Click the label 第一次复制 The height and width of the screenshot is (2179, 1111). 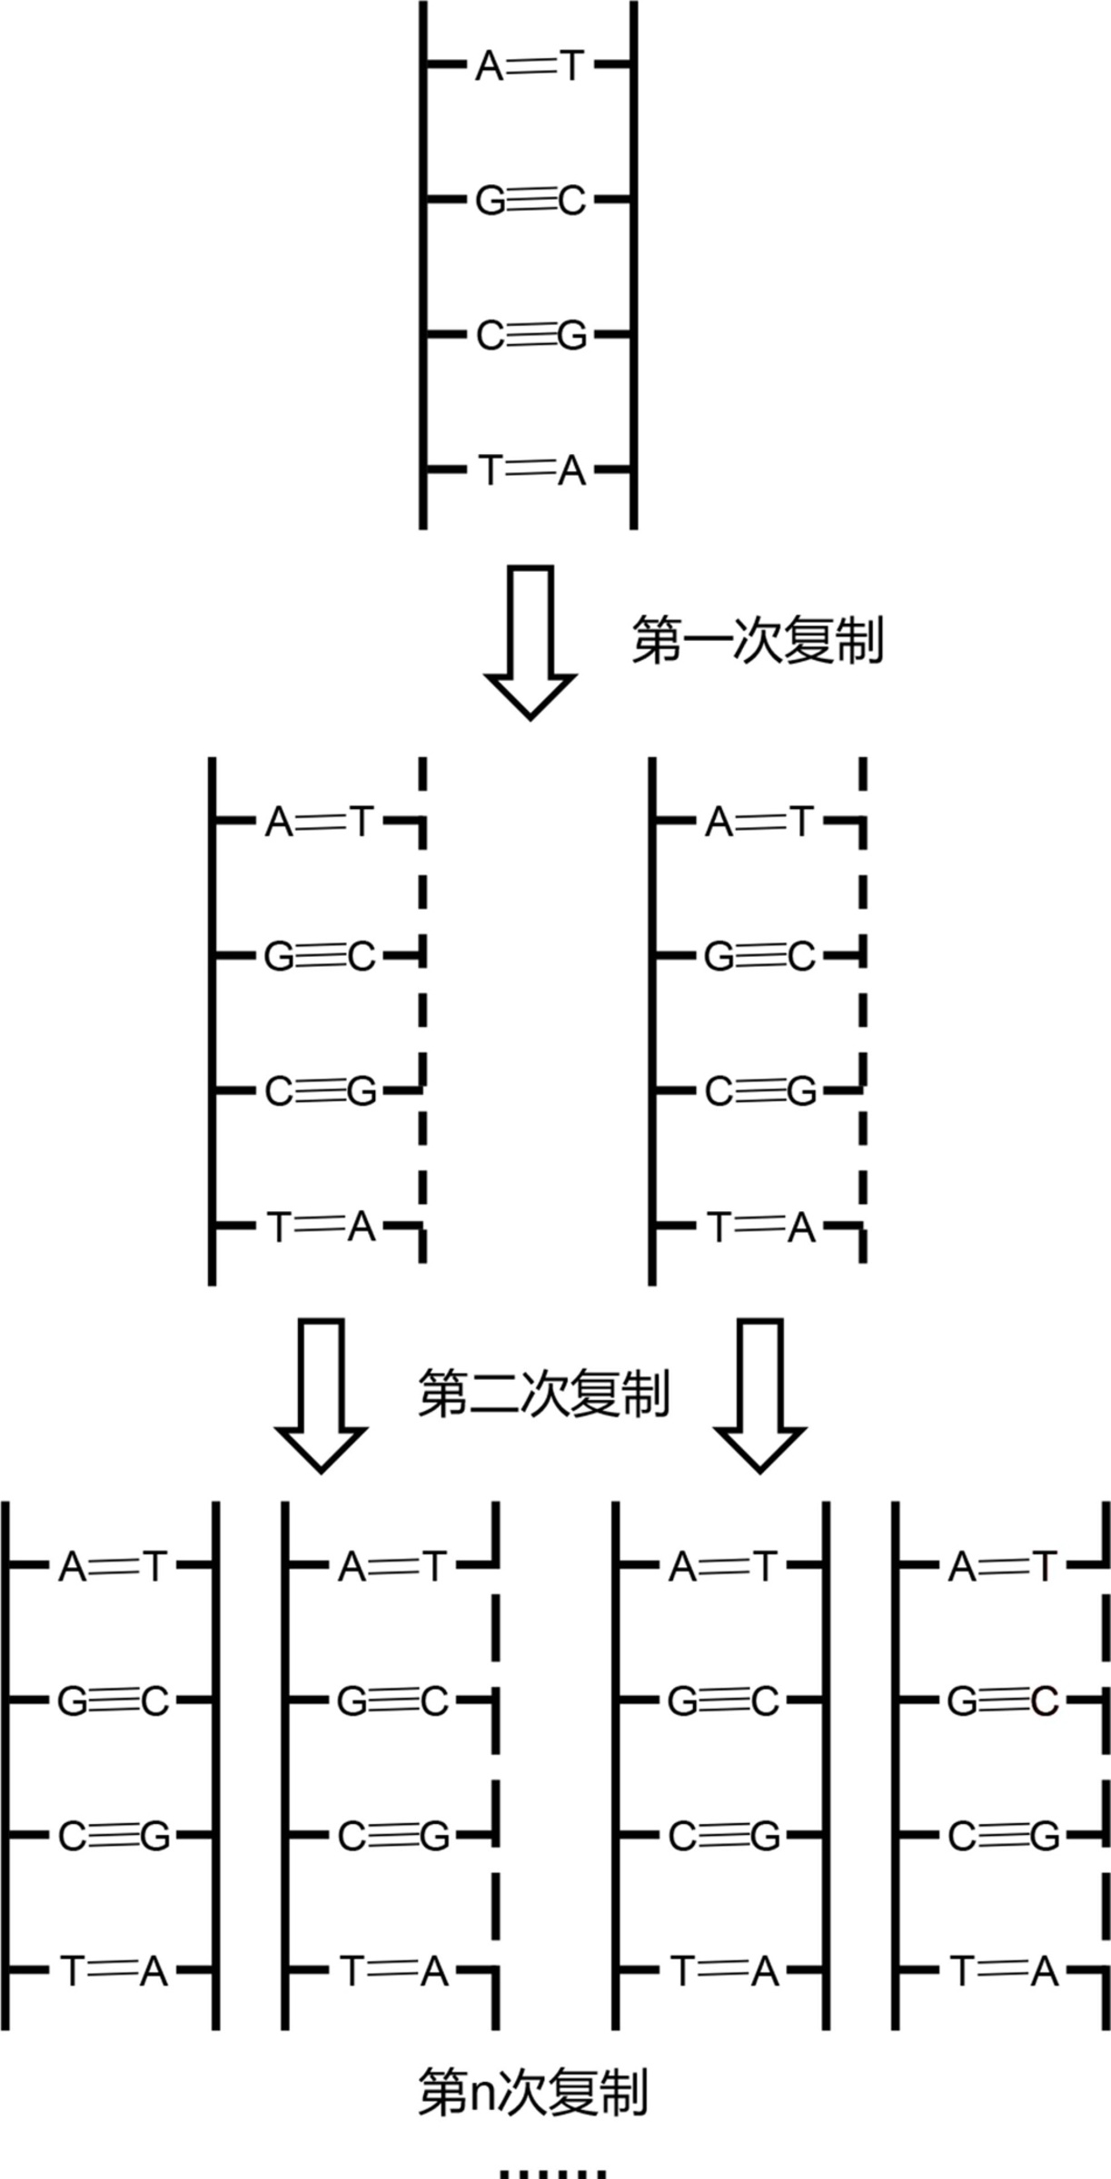click(757, 642)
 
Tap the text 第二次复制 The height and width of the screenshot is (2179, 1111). click(543, 1394)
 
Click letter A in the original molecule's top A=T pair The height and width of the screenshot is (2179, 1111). click(490, 66)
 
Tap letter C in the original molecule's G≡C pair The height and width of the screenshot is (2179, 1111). click(571, 201)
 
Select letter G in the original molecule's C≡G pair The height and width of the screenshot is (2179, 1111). click(572, 336)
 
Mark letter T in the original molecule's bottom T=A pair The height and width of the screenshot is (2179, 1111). click(490, 470)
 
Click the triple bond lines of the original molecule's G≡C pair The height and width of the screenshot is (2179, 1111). click(531, 201)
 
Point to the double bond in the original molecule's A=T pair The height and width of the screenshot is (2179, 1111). click(531, 66)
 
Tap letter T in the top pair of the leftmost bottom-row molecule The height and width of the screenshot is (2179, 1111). click(154, 1566)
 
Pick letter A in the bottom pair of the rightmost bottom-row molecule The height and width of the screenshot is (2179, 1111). click(1045, 1970)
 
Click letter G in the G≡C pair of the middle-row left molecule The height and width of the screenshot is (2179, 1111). click(279, 956)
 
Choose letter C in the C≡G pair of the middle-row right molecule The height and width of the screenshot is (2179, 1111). click(719, 1091)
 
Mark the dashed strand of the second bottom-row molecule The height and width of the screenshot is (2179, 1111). click(496, 1770)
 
